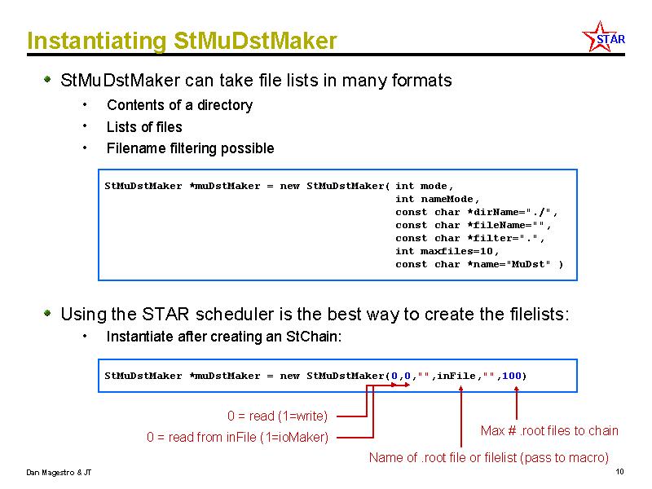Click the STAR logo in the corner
point(604,37)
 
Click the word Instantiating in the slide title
point(96,42)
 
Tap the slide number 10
point(619,472)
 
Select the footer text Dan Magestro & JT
point(59,473)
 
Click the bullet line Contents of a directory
point(179,105)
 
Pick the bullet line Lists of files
point(144,127)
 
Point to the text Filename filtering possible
point(191,148)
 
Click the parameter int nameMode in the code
point(438,199)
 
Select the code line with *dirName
point(477,212)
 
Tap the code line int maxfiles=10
point(447,251)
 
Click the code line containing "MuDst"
point(479,264)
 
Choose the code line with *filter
point(470,238)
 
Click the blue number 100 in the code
point(512,376)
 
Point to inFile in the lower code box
point(456,376)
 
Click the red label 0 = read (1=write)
point(277,416)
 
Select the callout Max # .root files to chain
point(549,430)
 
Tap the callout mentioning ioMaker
point(237,437)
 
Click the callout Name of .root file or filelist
point(488,457)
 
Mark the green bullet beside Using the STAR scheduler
point(48,313)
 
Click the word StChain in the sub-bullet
point(312,337)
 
